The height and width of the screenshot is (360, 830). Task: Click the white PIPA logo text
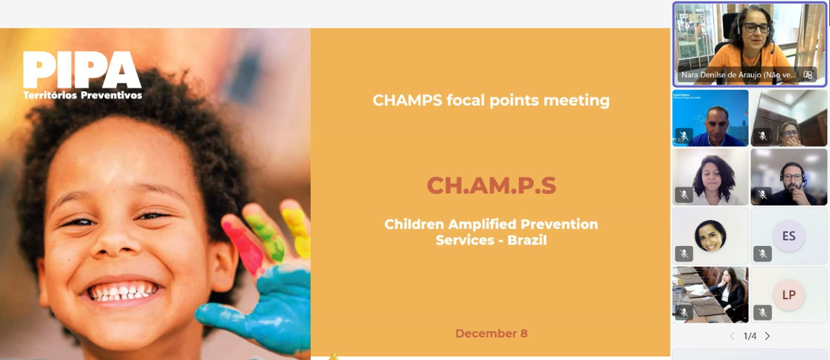[x=82, y=70]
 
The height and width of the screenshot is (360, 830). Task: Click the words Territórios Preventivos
[x=83, y=95]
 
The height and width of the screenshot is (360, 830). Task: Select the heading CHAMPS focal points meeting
[x=491, y=101]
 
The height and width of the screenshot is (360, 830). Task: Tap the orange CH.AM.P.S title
[x=491, y=185]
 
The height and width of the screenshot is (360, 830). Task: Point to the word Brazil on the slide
[x=527, y=240]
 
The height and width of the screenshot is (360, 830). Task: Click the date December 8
[x=491, y=334]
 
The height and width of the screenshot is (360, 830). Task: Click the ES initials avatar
[x=789, y=236]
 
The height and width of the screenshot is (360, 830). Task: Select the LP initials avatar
[x=789, y=295]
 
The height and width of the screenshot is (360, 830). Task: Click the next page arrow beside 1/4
[x=768, y=336]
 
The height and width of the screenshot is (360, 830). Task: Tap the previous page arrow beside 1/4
[x=732, y=336]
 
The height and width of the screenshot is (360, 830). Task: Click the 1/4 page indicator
[x=750, y=336]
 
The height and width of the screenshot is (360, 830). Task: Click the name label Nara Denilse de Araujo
[x=739, y=75]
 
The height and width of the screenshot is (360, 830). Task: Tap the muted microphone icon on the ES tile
[x=762, y=254]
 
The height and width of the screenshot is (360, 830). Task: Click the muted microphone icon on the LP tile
[x=762, y=312]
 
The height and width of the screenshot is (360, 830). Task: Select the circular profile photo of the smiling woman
[x=711, y=236]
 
